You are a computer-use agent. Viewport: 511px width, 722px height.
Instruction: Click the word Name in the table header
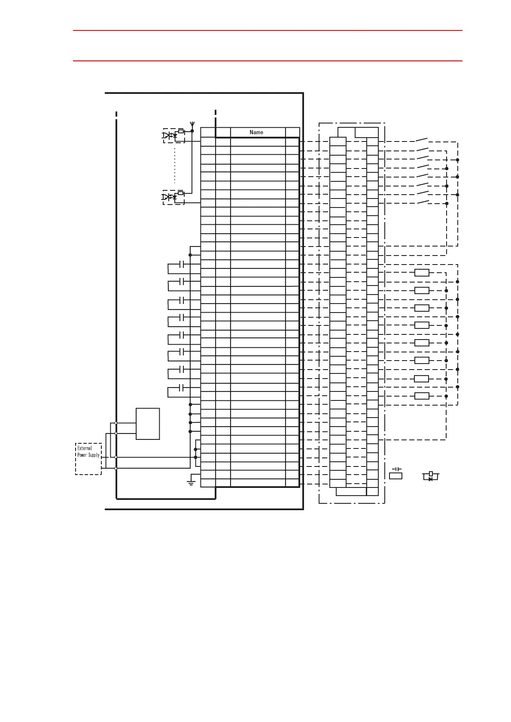point(256,132)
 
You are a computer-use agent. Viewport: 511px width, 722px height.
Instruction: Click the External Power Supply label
point(88,452)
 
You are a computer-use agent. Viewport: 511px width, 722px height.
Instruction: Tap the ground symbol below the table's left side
point(191,482)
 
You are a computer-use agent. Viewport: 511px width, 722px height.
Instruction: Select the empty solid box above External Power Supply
point(148,424)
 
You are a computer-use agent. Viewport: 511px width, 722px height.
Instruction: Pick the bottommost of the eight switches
point(423,202)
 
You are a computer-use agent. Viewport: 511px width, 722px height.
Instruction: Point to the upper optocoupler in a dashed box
point(173,135)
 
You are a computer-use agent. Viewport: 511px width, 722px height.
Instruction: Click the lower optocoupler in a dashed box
point(173,197)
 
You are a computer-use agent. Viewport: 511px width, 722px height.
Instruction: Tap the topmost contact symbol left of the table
point(182,265)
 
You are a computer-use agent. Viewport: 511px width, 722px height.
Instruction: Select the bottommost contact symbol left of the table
point(182,388)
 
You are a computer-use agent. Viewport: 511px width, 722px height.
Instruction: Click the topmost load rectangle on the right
point(422,273)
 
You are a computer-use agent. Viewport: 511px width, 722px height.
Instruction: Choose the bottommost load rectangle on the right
point(422,396)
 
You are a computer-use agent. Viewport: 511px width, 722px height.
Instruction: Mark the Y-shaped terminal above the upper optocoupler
point(192,124)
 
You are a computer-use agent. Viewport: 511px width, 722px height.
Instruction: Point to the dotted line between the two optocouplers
point(175,166)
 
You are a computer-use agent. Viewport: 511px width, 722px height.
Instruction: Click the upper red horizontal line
point(268,30)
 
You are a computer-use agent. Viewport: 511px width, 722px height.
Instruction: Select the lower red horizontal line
point(268,61)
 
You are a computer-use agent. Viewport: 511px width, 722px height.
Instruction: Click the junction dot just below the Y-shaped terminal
point(192,131)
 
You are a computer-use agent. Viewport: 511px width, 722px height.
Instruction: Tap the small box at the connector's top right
point(367,132)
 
